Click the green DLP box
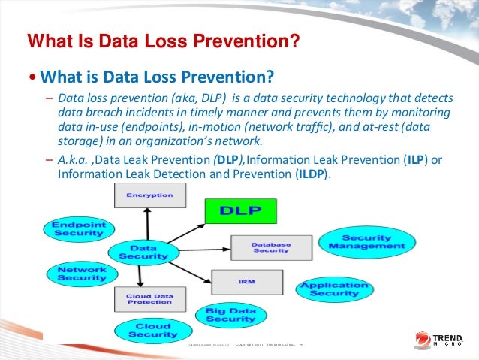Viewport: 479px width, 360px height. (x=241, y=211)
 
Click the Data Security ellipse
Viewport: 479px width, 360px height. (x=137, y=252)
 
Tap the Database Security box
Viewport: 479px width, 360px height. (x=270, y=247)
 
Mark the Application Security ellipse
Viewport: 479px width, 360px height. (x=334, y=289)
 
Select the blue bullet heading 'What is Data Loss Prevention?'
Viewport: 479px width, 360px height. (x=154, y=77)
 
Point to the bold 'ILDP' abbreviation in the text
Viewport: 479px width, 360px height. (x=309, y=174)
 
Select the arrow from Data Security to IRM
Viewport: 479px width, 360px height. (x=189, y=266)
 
